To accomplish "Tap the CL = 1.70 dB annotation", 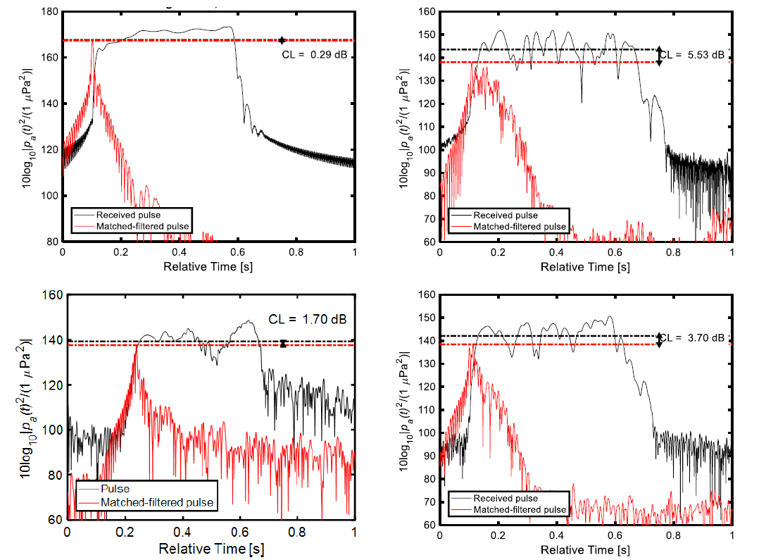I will tap(308, 318).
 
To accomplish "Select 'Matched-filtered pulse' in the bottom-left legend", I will tap(157, 502).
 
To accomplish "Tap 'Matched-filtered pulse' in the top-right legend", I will tap(520, 226).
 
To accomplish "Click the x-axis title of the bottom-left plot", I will tap(211, 549).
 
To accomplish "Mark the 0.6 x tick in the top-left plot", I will tap(238, 251).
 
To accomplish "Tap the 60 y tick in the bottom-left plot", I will tap(53, 519).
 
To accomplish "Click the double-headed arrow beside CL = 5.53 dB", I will tap(660, 56).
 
